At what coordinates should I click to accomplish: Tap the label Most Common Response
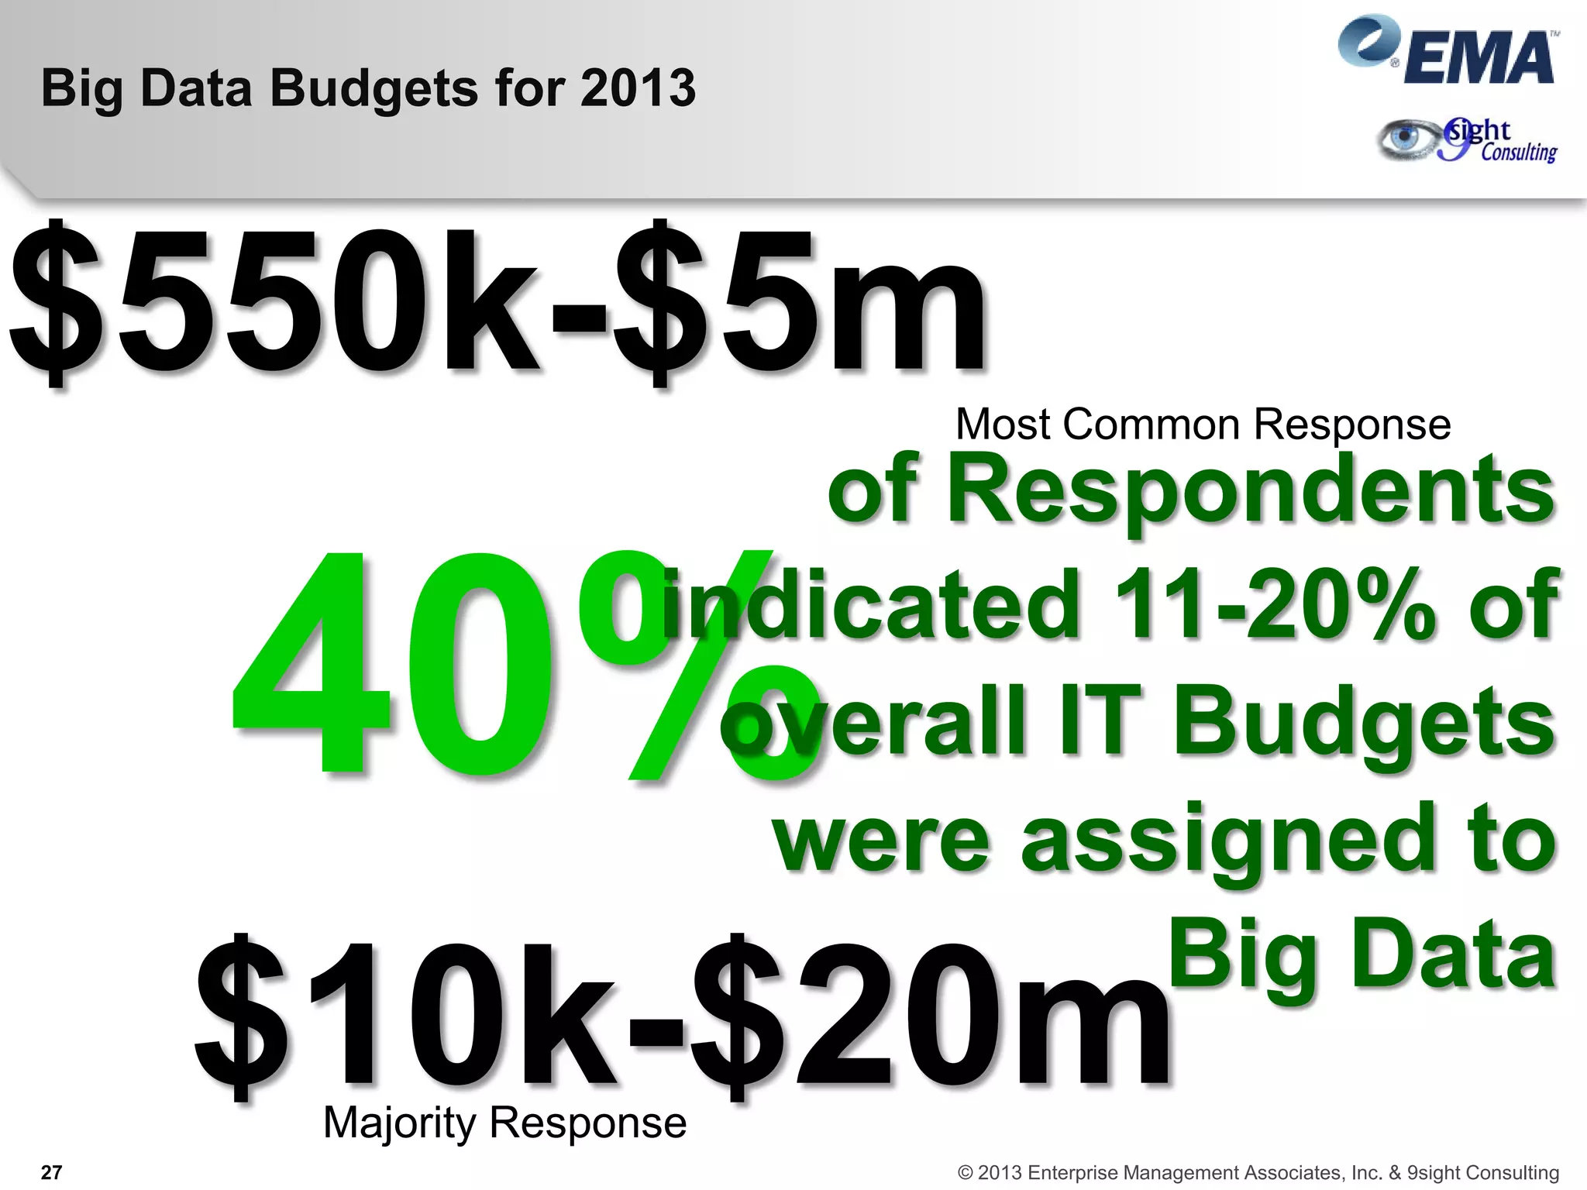pos(1203,425)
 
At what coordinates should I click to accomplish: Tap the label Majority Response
pos(504,1123)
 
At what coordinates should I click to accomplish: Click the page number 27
pos(51,1172)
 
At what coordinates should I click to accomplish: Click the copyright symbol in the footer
pos(965,1173)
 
